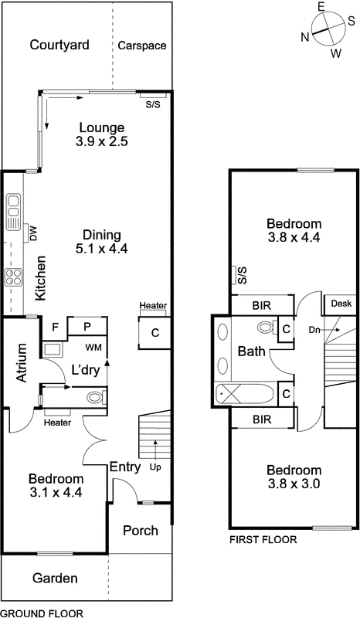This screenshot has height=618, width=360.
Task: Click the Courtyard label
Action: click(x=59, y=46)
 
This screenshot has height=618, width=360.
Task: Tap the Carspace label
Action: click(x=142, y=46)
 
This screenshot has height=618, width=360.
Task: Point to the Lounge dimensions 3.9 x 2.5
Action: click(x=100, y=142)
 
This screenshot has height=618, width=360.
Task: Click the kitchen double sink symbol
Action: click(x=14, y=213)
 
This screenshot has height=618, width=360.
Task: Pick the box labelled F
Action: click(x=55, y=327)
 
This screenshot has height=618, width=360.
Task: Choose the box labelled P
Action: click(x=87, y=327)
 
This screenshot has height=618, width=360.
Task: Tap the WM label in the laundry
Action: click(x=93, y=348)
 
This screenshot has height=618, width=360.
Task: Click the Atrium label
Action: click(x=22, y=362)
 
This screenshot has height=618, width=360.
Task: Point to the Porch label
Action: click(x=140, y=531)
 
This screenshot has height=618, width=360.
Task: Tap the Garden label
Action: click(x=55, y=579)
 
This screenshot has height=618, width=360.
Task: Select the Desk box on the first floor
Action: click(x=340, y=304)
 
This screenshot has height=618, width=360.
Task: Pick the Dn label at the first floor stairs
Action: click(x=314, y=330)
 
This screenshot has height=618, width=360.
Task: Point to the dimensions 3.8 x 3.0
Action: click(x=294, y=484)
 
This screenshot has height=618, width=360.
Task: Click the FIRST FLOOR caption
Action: click(x=263, y=540)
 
